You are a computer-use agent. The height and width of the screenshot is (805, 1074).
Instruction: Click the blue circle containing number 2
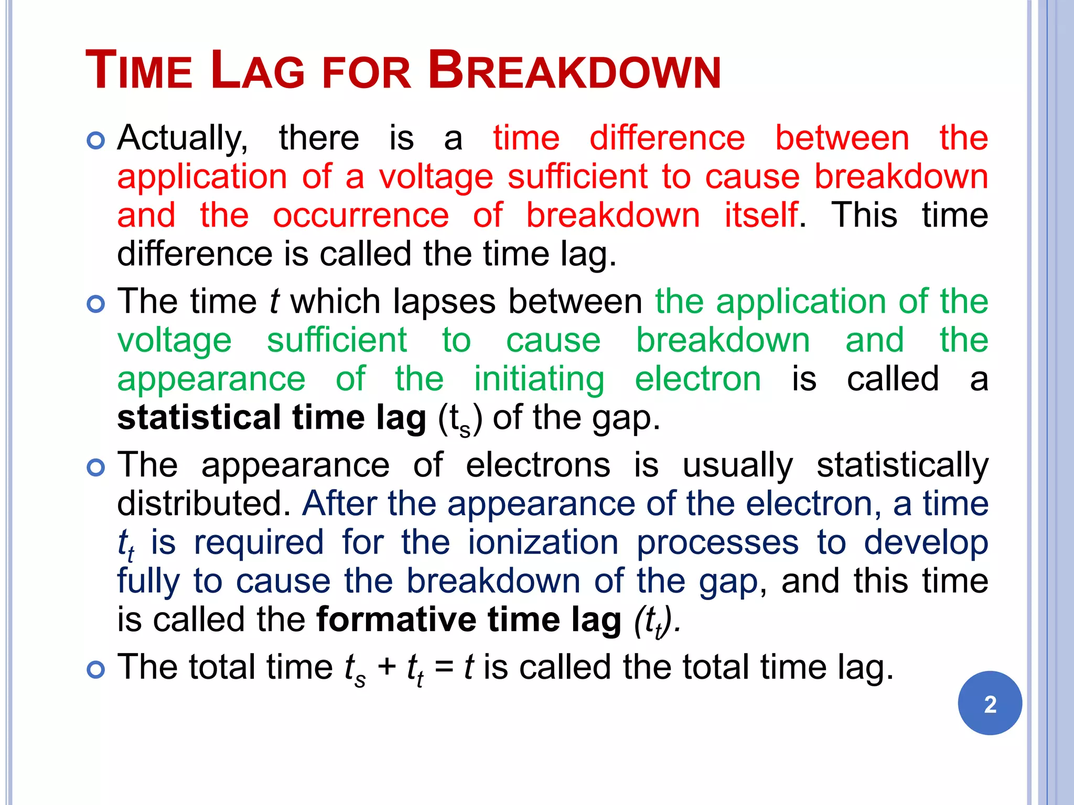pyautogui.click(x=990, y=703)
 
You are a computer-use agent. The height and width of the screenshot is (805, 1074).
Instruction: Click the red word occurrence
pyautogui.click(x=361, y=216)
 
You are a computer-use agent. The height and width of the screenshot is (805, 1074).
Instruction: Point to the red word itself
pyautogui.click(x=761, y=215)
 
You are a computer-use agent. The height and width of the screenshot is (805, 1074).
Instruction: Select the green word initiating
pyautogui.click(x=539, y=380)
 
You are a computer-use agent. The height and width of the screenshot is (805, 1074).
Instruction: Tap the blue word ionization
pyautogui.click(x=543, y=542)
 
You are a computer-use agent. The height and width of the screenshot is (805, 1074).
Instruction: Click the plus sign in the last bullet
pyautogui.click(x=386, y=668)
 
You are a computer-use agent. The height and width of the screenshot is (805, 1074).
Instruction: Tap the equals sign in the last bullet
pyautogui.click(x=444, y=668)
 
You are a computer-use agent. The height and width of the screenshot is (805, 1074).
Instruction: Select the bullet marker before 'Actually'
pyautogui.click(x=96, y=140)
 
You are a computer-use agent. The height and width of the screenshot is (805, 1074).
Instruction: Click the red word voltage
pyautogui.click(x=436, y=178)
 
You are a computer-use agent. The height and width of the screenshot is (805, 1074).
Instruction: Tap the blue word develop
pyautogui.click(x=926, y=543)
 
